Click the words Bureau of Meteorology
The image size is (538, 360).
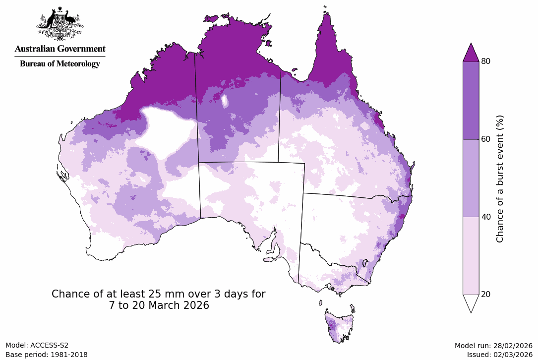tap(60, 63)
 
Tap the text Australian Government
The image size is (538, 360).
tap(60, 49)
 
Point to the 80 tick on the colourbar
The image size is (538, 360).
tap(486, 61)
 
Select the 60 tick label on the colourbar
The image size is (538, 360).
tap(486, 139)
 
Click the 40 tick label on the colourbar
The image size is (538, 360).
tap(486, 217)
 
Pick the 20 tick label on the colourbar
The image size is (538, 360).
tap(486, 294)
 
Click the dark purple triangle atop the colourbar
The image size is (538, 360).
tap(471, 54)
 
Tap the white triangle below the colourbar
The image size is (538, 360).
tap(471, 302)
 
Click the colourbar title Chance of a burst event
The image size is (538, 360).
tap(500, 179)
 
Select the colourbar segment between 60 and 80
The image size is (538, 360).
tap(471, 100)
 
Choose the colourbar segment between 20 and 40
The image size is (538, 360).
tap(471, 255)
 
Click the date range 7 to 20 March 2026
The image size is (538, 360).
tap(159, 305)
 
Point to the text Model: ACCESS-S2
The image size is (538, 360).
tap(37, 345)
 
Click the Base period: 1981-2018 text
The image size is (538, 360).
tap(46, 355)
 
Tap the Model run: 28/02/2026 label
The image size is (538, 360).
tap(493, 345)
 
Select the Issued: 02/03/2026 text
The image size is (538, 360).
tap(499, 355)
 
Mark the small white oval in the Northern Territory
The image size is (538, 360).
tap(225, 101)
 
